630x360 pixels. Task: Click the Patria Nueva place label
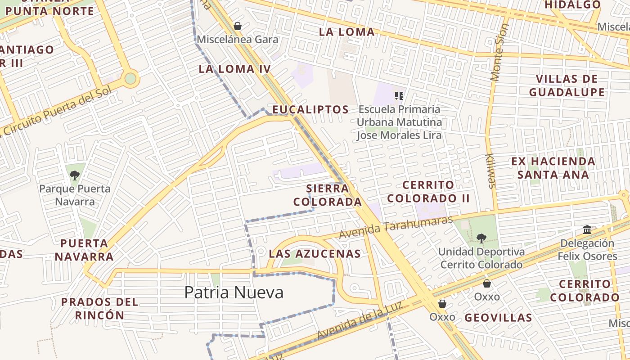click(234, 292)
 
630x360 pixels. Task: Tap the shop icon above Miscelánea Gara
click(238, 27)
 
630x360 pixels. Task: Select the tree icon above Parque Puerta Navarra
click(75, 175)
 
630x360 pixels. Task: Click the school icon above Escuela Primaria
click(399, 95)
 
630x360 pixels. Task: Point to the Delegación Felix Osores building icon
click(587, 230)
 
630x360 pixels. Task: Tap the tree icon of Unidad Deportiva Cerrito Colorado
click(481, 238)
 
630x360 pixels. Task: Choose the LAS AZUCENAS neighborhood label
click(315, 254)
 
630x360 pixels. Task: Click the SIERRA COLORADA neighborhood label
click(327, 195)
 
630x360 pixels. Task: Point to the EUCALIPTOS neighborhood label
click(310, 109)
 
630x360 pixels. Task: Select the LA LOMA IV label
click(234, 69)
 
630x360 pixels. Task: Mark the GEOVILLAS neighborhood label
click(498, 318)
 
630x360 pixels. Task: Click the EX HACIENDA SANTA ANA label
click(553, 168)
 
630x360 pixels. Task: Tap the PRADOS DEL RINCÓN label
click(99, 308)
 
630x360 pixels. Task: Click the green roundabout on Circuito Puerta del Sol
click(130, 79)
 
